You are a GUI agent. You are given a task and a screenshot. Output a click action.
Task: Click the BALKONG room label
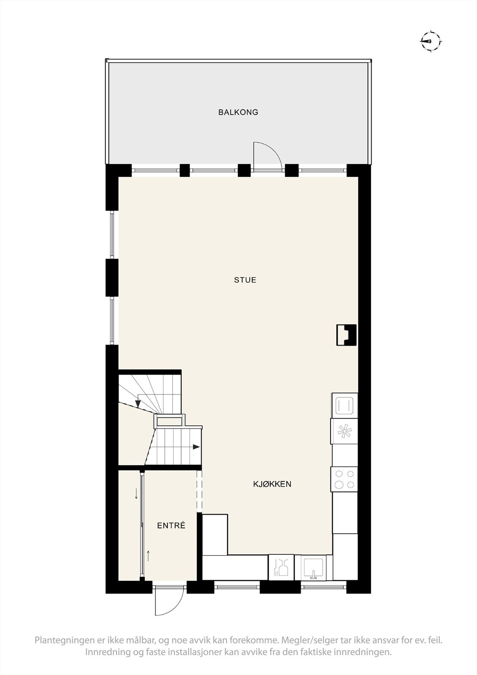tap(238, 112)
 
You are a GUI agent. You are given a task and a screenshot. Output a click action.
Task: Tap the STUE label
tap(245, 280)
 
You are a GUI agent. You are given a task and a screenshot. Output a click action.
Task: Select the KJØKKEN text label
tap(272, 484)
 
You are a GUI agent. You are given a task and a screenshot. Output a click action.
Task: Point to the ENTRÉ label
tap(171, 526)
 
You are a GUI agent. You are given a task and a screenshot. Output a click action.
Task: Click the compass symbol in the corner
tap(430, 41)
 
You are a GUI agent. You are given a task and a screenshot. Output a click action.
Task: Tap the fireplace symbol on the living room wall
tap(347, 335)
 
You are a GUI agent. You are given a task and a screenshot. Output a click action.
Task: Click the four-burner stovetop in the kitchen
tap(344, 479)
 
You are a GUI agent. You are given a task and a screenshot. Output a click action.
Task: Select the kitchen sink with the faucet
tap(313, 567)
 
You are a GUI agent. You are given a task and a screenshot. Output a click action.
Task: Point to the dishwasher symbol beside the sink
tap(280, 567)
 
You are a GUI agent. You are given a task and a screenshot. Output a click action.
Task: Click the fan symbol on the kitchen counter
tap(344, 431)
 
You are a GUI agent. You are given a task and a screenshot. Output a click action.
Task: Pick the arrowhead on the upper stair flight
tap(138, 403)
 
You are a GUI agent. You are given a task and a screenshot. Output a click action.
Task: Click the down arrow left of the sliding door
tap(136, 493)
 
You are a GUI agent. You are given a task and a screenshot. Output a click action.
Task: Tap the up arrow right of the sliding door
tap(148, 555)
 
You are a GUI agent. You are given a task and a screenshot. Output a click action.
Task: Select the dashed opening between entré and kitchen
tap(199, 491)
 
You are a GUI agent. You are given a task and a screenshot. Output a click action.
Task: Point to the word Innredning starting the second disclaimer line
tap(107, 664)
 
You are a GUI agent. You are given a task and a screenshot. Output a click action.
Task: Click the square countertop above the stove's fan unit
tap(344, 406)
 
